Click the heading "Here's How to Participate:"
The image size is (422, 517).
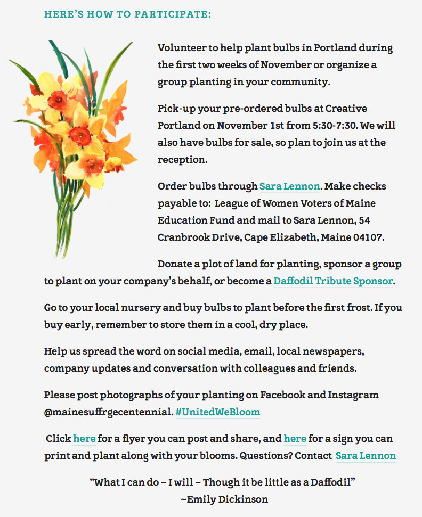click(x=127, y=14)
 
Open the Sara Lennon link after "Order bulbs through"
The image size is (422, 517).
click(x=289, y=186)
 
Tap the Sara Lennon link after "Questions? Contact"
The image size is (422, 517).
click(x=366, y=456)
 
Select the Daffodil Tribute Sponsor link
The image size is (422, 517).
click(x=333, y=281)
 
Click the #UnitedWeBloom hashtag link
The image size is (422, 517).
click(x=217, y=412)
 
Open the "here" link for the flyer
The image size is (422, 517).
click(x=84, y=439)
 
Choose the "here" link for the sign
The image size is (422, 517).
click(x=295, y=439)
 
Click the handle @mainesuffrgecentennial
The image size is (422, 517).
click(x=108, y=412)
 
